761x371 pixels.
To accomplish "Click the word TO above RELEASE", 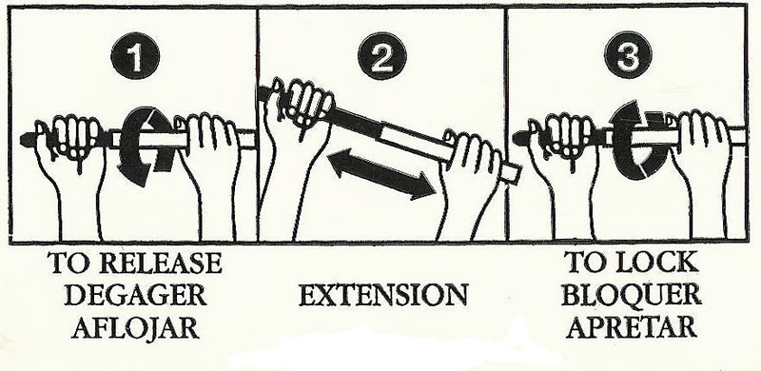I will point(73,262).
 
